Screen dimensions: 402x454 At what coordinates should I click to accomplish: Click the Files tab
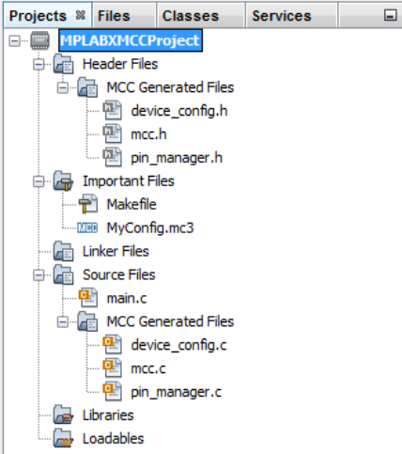click(114, 16)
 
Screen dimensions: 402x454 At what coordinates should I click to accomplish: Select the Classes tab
click(191, 16)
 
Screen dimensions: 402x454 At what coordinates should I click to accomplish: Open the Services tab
click(282, 16)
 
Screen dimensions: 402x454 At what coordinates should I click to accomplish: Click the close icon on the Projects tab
click(81, 15)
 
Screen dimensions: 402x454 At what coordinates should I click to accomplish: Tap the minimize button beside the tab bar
click(390, 15)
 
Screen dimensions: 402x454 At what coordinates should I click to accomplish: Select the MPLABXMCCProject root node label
click(131, 40)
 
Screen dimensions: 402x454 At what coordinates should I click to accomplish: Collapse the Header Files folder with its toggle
click(39, 65)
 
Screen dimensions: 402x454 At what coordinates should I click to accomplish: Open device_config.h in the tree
click(179, 111)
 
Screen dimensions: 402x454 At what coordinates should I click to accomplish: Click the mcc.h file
click(148, 134)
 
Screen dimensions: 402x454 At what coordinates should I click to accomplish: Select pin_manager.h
click(177, 158)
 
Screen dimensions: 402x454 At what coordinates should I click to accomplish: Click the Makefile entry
click(131, 205)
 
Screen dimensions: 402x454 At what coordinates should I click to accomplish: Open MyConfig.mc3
click(150, 228)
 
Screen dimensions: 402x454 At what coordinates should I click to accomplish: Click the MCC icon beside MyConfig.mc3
click(87, 227)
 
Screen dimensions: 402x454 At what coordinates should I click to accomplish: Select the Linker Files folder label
click(116, 251)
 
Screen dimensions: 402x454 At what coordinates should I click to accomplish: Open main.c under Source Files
click(127, 298)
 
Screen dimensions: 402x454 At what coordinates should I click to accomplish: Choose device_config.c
click(178, 345)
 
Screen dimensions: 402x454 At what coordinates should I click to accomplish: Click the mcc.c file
click(148, 368)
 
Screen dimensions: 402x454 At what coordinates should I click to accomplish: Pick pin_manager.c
click(177, 392)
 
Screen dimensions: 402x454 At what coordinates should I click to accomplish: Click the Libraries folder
click(108, 415)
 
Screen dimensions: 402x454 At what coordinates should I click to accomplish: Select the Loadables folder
click(114, 439)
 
